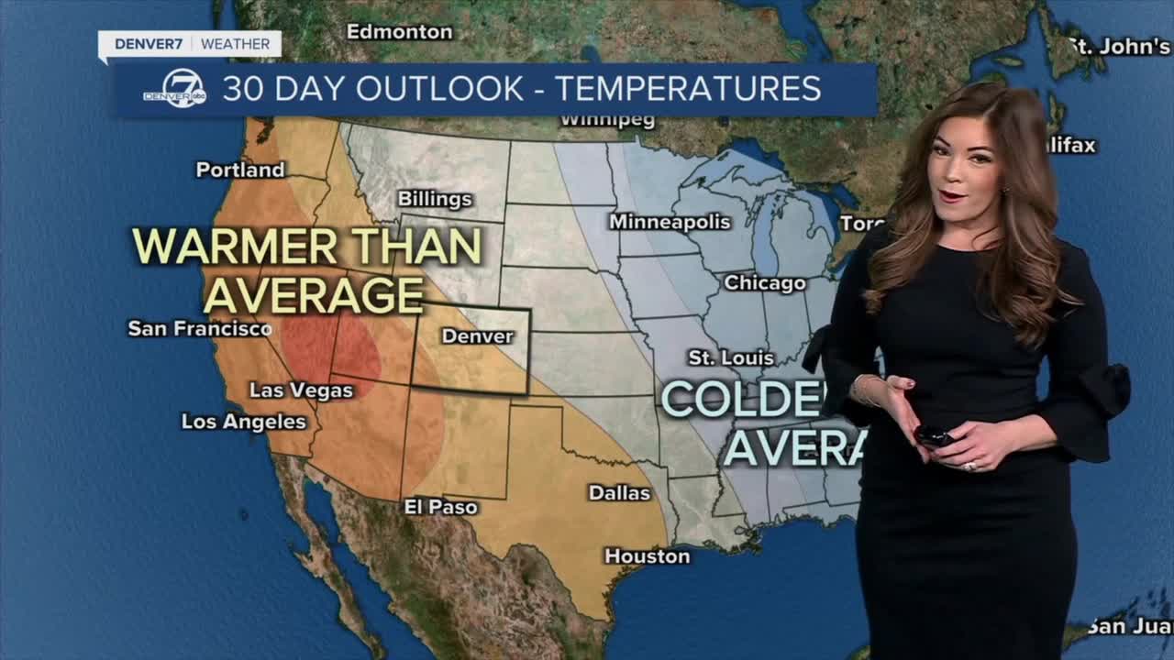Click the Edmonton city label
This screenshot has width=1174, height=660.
[x=399, y=32]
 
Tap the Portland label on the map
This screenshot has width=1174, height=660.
[x=240, y=170]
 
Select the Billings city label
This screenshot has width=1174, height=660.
[x=435, y=199]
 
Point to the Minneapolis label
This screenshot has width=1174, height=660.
[x=670, y=222]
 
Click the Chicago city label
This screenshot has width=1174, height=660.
[x=765, y=283]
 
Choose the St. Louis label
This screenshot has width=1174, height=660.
[x=731, y=357]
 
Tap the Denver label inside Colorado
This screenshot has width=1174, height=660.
[x=477, y=336]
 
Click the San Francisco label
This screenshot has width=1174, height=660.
[x=200, y=328]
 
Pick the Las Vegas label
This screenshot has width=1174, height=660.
[x=301, y=390]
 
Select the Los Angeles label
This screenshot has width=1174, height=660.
[x=243, y=422]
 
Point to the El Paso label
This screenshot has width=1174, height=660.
[x=441, y=507]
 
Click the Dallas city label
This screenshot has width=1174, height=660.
[x=619, y=493]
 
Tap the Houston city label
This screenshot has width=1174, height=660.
[x=647, y=556]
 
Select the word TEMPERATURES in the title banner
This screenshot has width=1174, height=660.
[x=688, y=89]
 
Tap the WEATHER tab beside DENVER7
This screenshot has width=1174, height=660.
[x=235, y=44]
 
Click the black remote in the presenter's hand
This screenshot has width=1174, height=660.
[x=934, y=435]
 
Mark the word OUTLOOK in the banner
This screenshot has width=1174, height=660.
[x=440, y=89]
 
